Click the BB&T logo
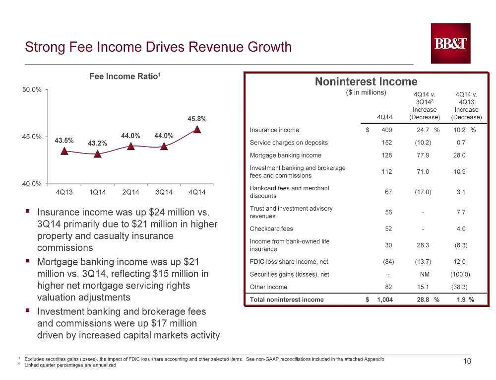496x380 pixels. pos(450,43)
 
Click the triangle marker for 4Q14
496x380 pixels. pos(197,129)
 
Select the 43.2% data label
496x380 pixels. pos(97,143)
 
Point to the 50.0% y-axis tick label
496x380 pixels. pos(32,89)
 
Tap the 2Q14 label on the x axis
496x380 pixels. pos(130,192)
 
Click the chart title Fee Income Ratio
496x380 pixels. pos(125,76)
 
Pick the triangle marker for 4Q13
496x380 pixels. pos(64,151)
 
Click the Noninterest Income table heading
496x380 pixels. pos(366,81)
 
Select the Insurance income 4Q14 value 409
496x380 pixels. pos(386,130)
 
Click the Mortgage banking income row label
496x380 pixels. pos(286,155)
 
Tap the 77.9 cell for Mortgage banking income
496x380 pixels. pos(423,155)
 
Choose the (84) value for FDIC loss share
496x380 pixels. pos(388,262)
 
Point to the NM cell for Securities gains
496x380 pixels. pos(425,274)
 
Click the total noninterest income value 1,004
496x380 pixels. pos(385,300)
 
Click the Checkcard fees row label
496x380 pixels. pos(271,228)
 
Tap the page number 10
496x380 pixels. pos(467,361)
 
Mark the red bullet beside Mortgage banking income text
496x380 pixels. pos(28,261)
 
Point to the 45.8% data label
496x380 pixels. pos(197,119)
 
